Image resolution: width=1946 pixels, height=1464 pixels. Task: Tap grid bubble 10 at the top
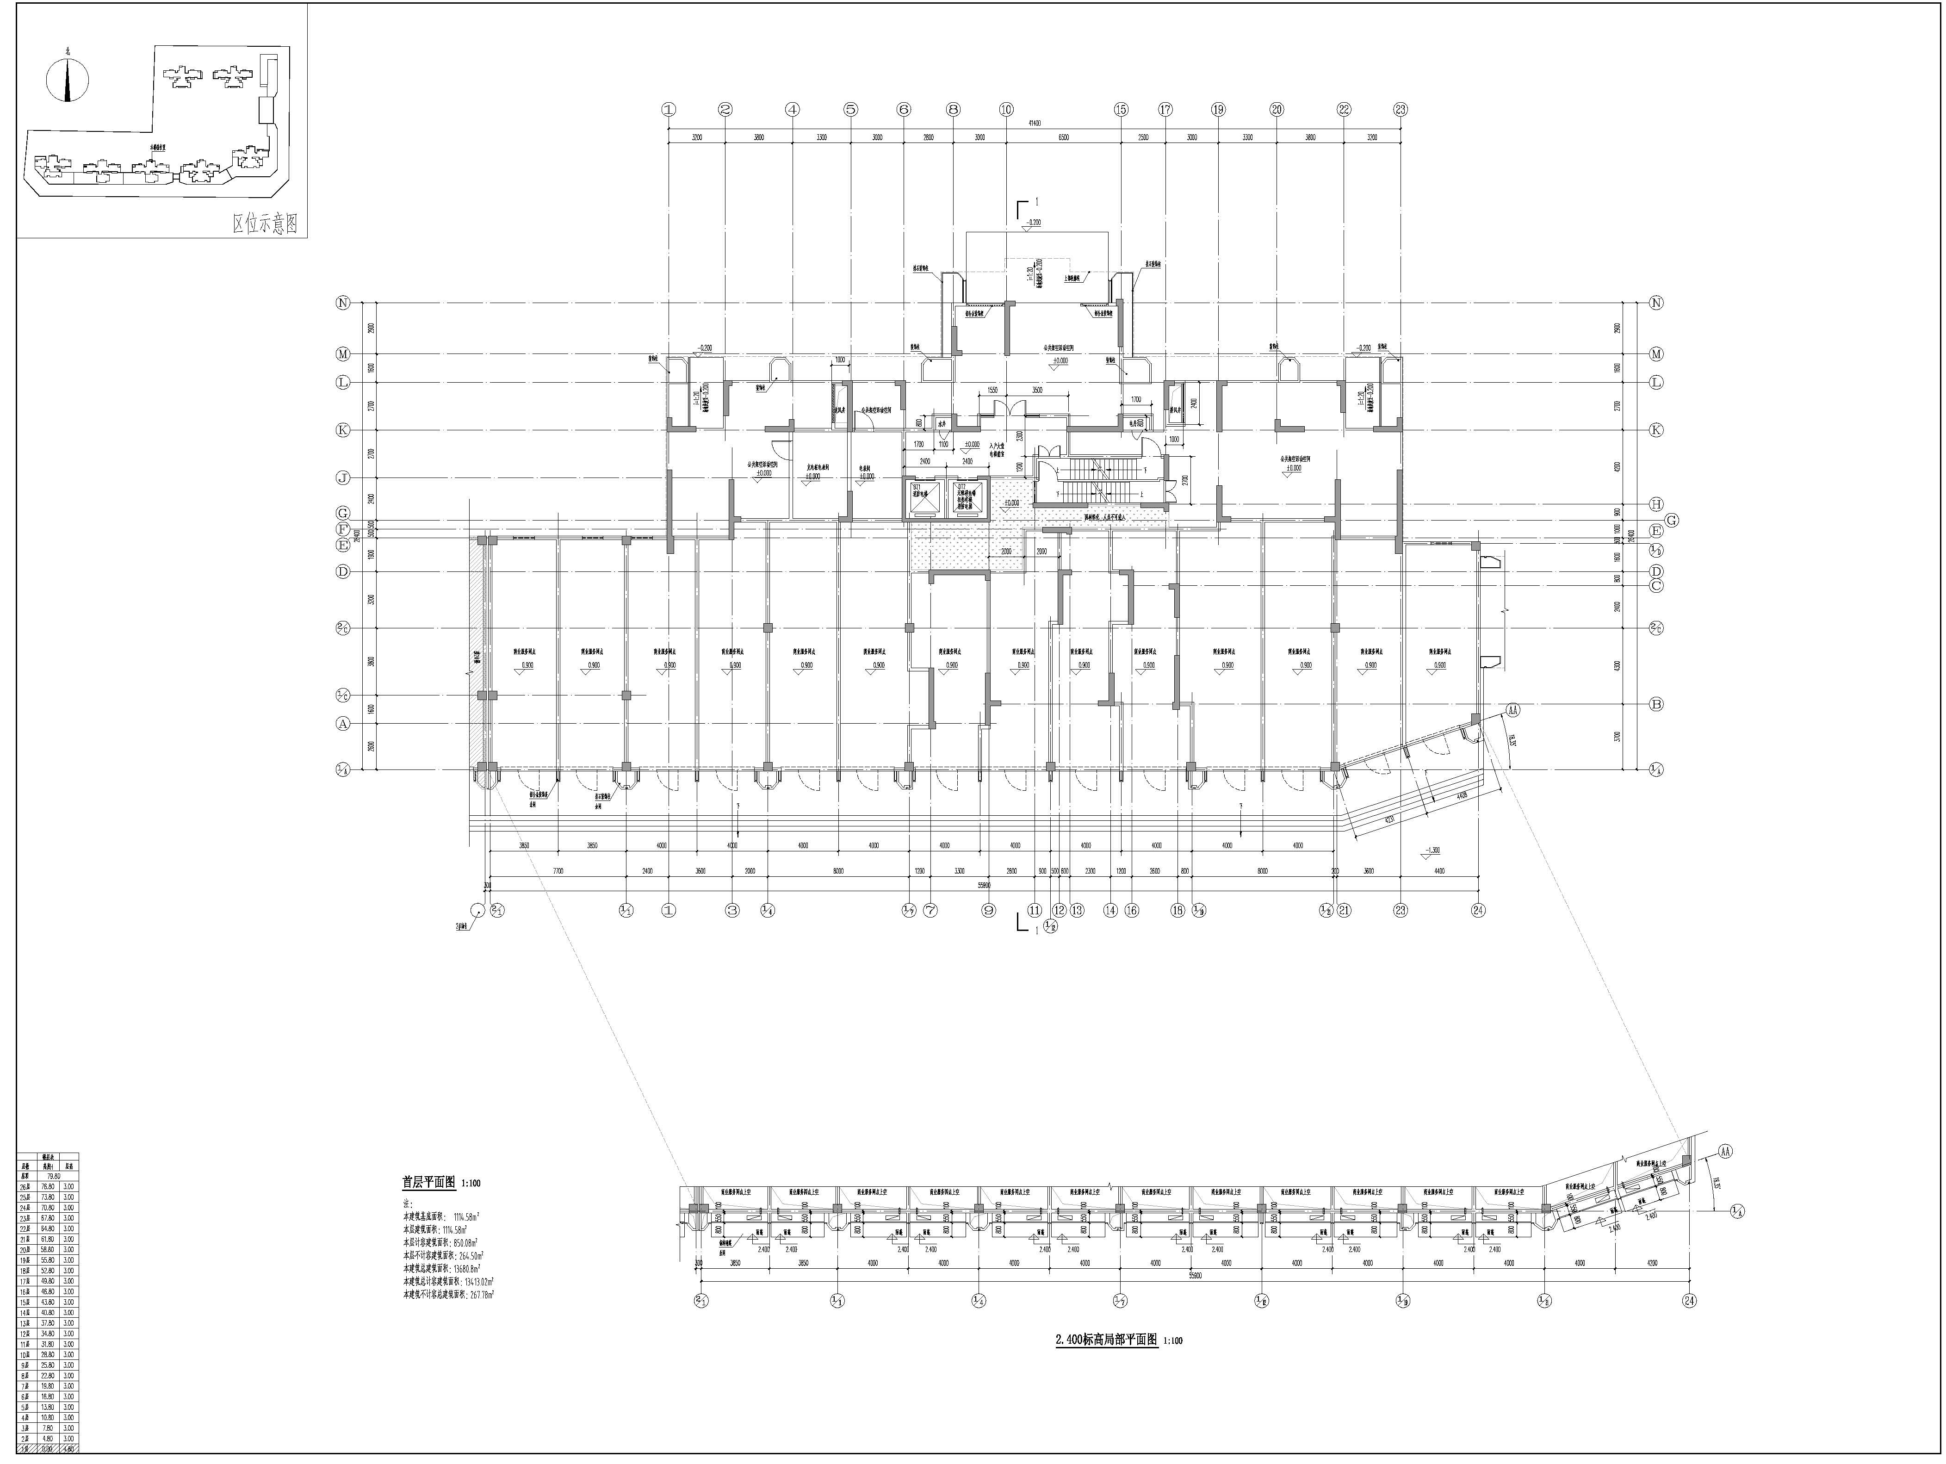point(1006,110)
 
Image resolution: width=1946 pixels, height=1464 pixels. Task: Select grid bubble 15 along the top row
point(1121,110)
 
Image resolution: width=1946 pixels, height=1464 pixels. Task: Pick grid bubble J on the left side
point(343,478)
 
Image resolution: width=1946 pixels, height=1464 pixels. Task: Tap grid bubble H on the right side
point(1656,504)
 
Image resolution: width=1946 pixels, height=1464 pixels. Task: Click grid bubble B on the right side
point(1656,704)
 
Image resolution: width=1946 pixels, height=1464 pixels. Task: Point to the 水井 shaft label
point(942,424)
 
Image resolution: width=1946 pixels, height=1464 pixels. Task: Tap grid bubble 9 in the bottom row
point(989,911)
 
